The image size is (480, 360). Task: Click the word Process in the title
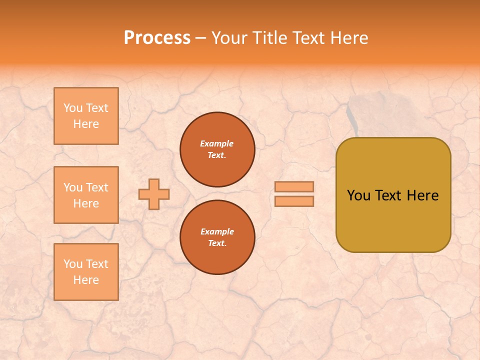pyautogui.click(x=157, y=37)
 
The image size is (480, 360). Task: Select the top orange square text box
pyautogui.click(x=86, y=116)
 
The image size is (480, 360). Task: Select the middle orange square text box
pyautogui.click(x=86, y=195)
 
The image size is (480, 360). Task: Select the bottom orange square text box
pyautogui.click(x=86, y=272)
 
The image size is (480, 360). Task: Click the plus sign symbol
pyautogui.click(x=154, y=194)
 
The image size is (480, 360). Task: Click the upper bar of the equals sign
pyautogui.click(x=294, y=186)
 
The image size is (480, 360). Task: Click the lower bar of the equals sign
pyautogui.click(x=294, y=201)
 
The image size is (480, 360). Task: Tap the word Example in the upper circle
pyautogui.click(x=217, y=143)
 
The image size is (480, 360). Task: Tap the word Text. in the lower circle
pyautogui.click(x=217, y=243)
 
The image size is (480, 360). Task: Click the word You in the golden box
pyautogui.click(x=358, y=195)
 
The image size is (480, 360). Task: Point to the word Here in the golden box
pyautogui.click(x=423, y=195)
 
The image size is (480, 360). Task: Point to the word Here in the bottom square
pyautogui.click(x=86, y=280)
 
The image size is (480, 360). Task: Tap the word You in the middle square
pyautogui.click(x=73, y=187)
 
